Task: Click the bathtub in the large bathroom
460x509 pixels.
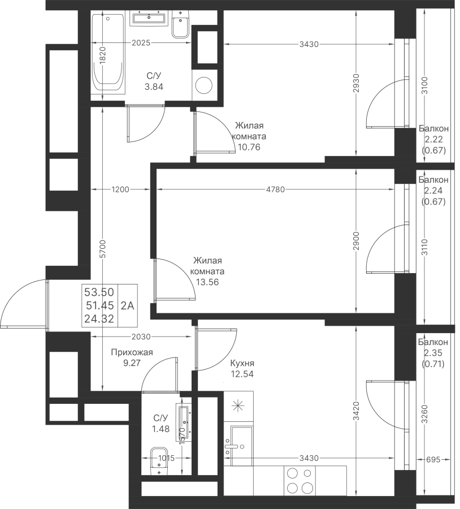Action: point(107,54)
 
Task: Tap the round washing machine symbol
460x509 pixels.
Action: point(204,85)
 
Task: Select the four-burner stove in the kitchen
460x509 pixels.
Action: point(300,481)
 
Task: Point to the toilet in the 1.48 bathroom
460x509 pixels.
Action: point(159,461)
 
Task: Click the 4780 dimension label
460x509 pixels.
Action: point(275,189)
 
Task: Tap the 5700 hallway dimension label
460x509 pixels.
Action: point(102,249)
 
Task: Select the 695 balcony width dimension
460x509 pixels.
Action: point(433,460)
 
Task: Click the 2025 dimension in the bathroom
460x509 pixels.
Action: point(141,42)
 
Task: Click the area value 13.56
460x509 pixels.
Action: point(207,282)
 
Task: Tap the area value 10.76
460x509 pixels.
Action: point(249,147)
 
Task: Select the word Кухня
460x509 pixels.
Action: point(242,363)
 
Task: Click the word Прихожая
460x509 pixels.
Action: point(132,352)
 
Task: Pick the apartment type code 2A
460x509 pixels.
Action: point(128,305)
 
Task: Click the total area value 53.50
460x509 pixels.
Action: point(99,292)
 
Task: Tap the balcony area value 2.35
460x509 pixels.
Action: point(433,353)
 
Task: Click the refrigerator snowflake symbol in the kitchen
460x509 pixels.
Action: point(238,406)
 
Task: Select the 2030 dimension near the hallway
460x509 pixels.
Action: point(141,337)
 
